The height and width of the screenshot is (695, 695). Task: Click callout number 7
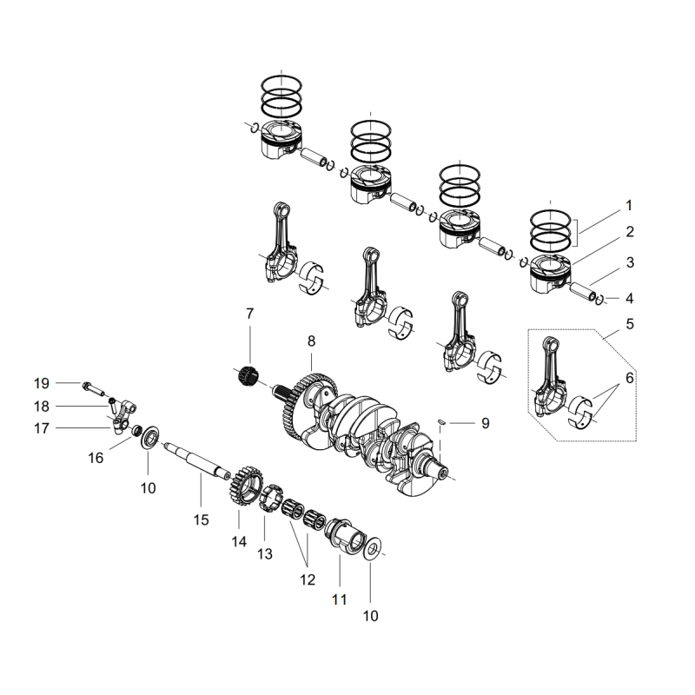pos(249,313)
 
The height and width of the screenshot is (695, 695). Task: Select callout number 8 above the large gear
pos(311,341)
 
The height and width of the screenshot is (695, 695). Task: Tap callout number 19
pos(42,383)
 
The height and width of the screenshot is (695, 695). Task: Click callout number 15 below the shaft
pos(201,520)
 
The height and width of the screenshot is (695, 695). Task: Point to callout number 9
pos(485,423)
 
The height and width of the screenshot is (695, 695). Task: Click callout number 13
pos(264,553)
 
